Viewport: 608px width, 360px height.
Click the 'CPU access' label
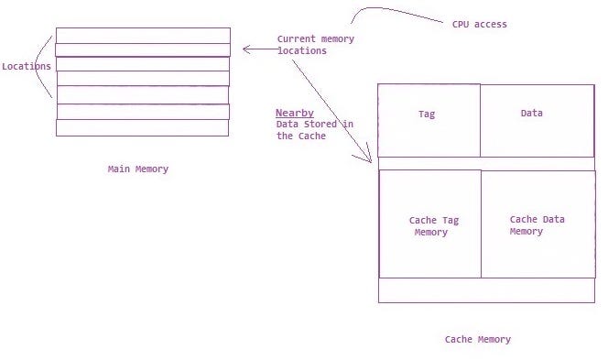pyautogui.click(x=479, y=24)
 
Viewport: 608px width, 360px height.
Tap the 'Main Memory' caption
pyautogui.click(x=138, y=169)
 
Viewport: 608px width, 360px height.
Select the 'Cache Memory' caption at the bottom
pyautogui.click(x=478, y=339)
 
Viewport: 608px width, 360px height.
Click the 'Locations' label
pyautogui.click(x=27, y=66)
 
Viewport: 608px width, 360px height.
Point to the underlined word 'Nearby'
pyautogui.click(x=295, y=113)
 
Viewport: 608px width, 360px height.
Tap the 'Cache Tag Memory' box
pyautogui.click(x=429, y=224)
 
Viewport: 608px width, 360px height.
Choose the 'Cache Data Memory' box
pyautogui.click(x=537, y=224)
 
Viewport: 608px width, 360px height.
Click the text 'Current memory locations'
pyautogui.click(x=315, y=45)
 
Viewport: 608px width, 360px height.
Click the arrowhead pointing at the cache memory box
pyautogui.click(x=370, y=159)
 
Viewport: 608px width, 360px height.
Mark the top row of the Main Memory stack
pyautogui.click(x=143, y=35)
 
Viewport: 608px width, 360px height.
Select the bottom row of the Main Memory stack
pyautogui.click(x=143, y=127)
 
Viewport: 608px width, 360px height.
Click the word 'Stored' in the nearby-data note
pyautogui.click(x=320, y=125)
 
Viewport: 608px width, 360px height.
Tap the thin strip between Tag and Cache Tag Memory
pyautogui.click(x=486, y=163)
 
